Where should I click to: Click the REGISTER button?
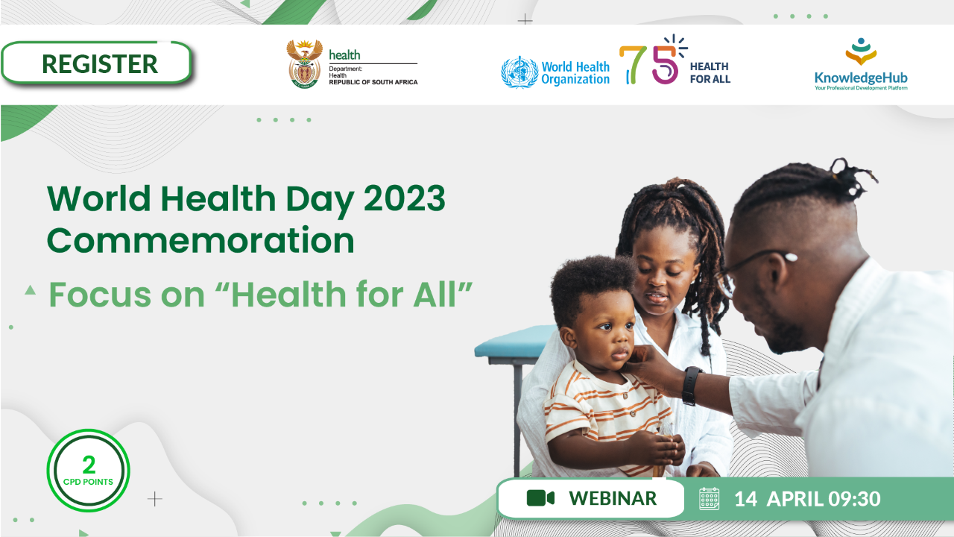point(97,63)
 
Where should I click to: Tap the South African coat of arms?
point(304,64)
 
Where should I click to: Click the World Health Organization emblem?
point(519,72)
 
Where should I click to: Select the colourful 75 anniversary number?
point(653,60)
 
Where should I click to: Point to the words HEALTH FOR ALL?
point(710,72)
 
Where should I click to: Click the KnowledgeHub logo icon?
point(861,51)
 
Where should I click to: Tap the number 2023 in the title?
point(404,198)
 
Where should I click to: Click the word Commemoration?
point(200,240)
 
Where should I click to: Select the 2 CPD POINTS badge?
point(88,471)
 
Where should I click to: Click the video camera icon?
point(540,497)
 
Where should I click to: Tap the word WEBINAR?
point(613,498)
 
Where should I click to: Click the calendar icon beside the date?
point(709,499)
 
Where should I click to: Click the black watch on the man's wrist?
point(692,386)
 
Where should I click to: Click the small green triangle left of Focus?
point(30,290)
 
